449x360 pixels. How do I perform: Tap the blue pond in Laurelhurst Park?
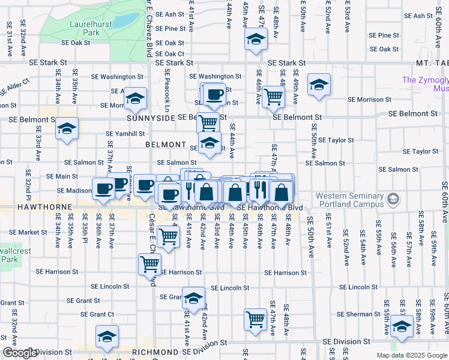(126, 22)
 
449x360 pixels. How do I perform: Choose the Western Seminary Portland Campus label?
(349, 200)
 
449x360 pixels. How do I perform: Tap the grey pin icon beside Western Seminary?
(393, 197)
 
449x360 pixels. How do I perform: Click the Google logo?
(20, 353)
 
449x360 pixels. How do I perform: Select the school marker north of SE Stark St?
(256, 40)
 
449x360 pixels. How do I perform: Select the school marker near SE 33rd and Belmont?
(67, 128)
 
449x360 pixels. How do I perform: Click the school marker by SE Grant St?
(193, 298)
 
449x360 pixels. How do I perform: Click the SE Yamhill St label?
(125, 134)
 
